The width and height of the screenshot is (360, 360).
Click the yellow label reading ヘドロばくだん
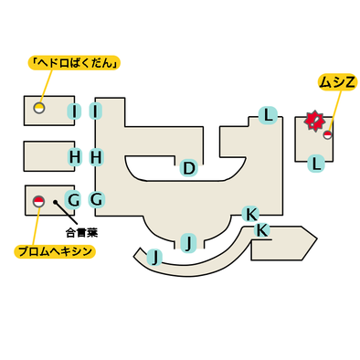[74, 63]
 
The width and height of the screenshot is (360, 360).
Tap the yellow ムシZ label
[337, 82]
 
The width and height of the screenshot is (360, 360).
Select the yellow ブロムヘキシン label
[55, 251]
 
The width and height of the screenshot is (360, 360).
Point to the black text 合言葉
[81, 233]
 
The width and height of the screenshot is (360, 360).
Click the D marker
[189, 168]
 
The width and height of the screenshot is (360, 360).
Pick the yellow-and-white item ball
[39, 108]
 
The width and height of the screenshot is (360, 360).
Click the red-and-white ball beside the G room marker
[38, 201]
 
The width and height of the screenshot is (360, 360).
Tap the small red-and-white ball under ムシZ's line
[327, 135]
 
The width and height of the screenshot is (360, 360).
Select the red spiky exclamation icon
[313, 122]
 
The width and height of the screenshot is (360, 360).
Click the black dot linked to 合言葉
[55, 202]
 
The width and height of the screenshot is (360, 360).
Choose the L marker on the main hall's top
[268, 115]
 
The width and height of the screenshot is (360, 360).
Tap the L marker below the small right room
[316, 164]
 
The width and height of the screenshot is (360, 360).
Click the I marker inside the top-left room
[74, 111]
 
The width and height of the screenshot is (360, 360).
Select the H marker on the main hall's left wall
[96, 157]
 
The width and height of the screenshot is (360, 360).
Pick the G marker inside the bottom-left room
[73, 200]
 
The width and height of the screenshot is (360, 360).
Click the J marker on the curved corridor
[155, 258]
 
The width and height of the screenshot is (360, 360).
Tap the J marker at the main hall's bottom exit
[189, 243]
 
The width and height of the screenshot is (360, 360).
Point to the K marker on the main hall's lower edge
[251, 214]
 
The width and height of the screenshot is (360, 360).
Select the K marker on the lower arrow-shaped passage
[261, 230]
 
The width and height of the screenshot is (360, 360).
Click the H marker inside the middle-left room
[75, 157]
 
